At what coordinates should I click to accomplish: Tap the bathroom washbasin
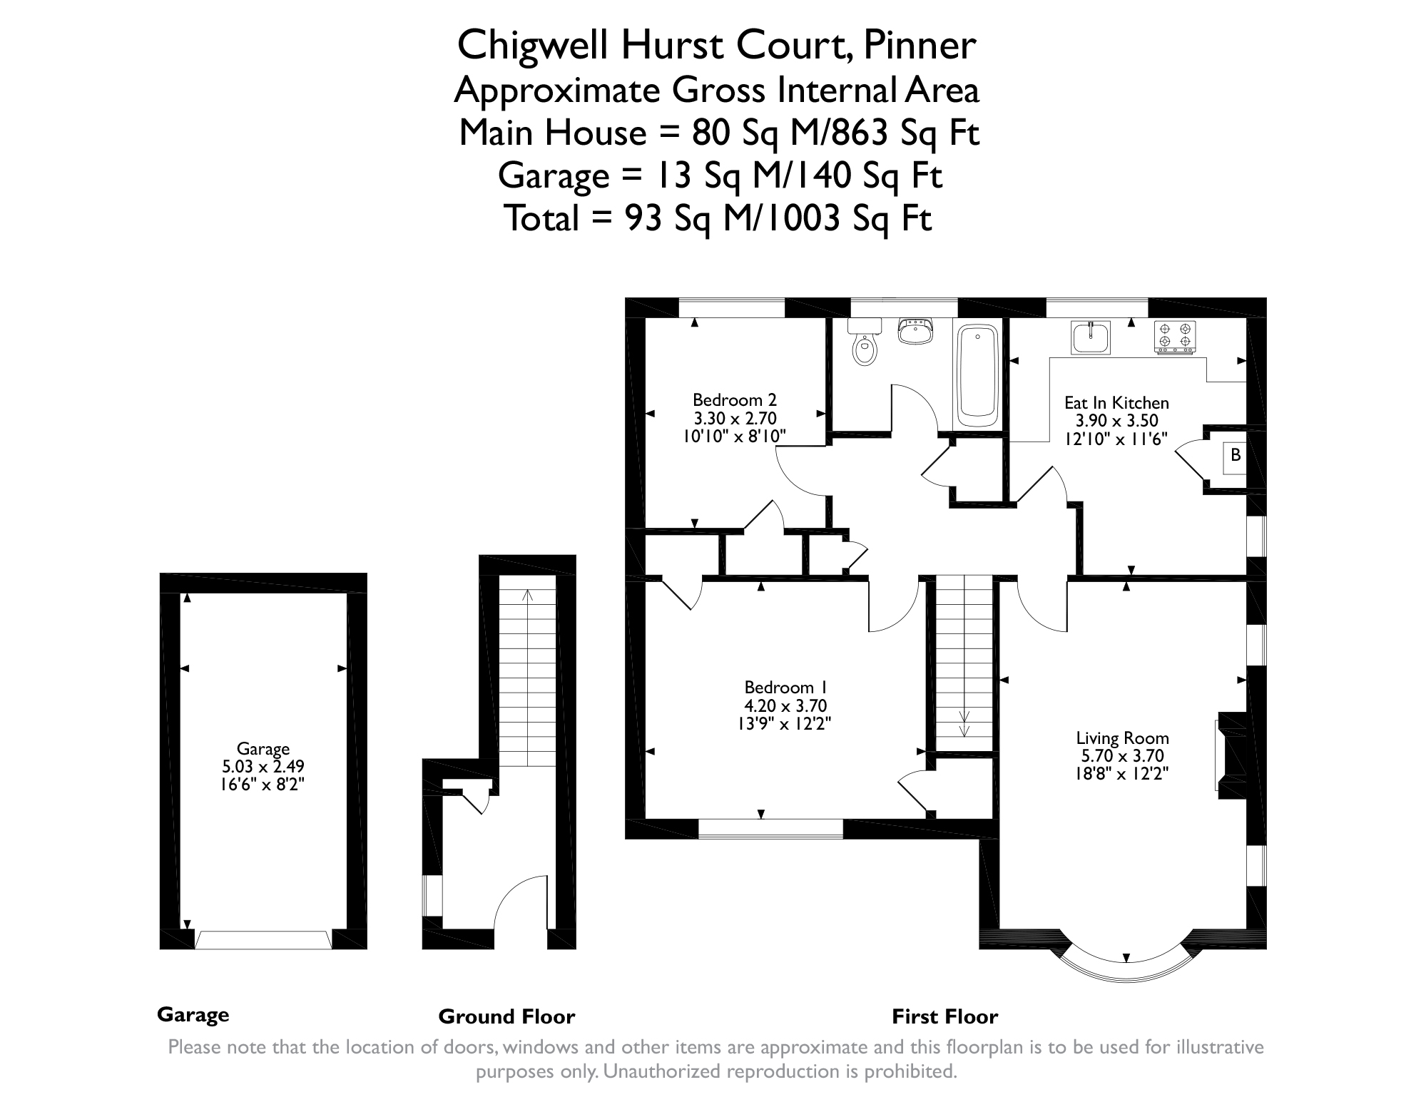(x=915, y=332)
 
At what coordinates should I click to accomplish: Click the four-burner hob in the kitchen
(x=1175, y=337)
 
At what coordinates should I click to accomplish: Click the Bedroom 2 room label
(x=734, y=399)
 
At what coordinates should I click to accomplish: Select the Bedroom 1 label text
(x=785, y=688)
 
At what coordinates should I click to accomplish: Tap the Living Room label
(x=1122, y=738)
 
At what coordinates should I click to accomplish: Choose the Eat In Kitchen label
(x=1116, y=403)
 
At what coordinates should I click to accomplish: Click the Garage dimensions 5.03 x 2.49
(x=263, y=767)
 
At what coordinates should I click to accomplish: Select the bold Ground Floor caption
(x=506, y=1016)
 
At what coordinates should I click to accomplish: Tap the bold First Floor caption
(x=944, y=1016)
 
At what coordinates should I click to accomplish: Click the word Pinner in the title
(x=919, y=46)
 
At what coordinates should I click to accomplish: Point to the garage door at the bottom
(x=263, y=939)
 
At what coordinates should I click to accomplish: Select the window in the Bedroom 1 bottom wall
(x=770, y=828)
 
